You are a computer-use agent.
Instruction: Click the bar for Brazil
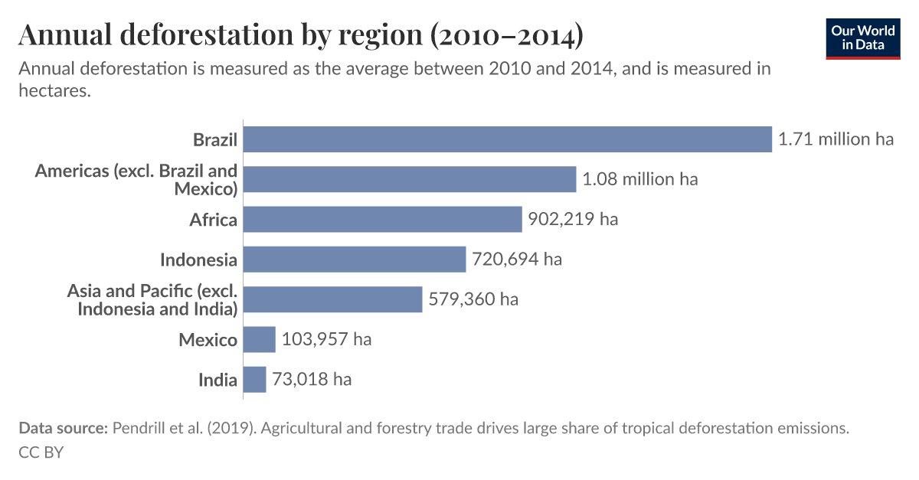click(507, 139)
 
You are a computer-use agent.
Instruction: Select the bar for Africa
click(382, 220)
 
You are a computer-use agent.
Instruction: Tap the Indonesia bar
click(355, 260)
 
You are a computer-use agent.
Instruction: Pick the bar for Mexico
click(260, 339)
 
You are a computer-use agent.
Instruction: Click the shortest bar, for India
click(255, 379)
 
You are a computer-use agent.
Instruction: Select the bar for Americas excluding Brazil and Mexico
click(410, 179)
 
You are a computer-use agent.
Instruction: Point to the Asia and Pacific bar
click(333, 299)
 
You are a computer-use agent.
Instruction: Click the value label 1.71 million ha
click(836, 139)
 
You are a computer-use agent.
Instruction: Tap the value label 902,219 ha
click(573, 220)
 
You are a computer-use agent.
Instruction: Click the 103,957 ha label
click(326, 339)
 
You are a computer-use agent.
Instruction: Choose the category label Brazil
click(215, 140)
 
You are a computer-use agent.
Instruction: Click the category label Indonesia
click(198, 260)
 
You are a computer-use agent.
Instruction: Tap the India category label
click(217, 380)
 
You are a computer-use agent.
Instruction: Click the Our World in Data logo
click(862, 38)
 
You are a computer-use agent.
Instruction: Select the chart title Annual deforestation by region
click(300, 35)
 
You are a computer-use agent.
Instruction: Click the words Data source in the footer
click(63, 429)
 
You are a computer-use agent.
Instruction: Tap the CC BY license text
click(41, 452)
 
